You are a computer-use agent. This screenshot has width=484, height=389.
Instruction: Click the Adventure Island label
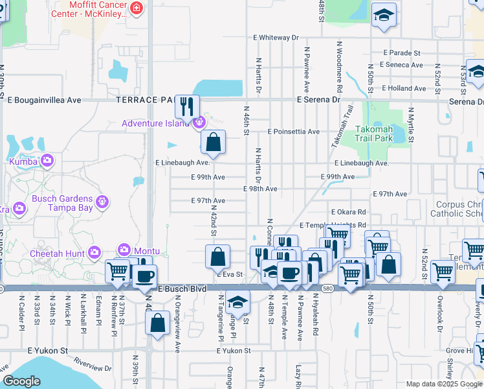157,123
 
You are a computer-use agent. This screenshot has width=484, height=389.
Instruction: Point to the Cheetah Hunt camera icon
94,252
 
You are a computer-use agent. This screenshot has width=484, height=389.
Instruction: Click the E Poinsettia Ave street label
293,132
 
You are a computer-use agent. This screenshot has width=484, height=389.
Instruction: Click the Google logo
22,381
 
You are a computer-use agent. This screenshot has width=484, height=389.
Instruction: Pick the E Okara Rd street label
348,212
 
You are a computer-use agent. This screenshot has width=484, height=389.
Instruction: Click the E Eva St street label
229,274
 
